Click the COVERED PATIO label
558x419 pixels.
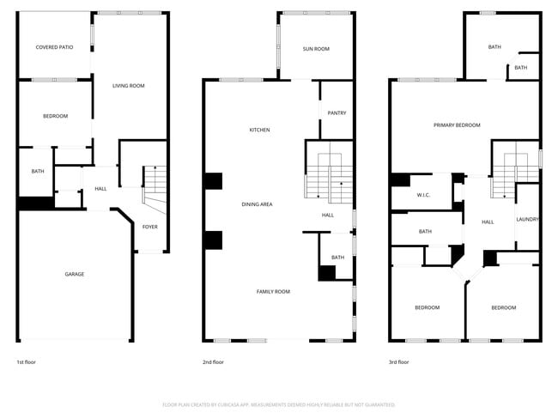[54, 47]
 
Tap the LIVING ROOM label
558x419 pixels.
[129, 86]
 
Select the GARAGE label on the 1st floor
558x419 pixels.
[74, 274]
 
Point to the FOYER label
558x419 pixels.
[150, 227]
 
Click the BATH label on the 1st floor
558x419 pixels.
[38, 171]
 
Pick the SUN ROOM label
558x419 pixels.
[316, 49]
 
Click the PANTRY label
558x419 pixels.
[337, 112]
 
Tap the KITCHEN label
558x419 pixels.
[260, 130]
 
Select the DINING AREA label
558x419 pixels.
[258, 203]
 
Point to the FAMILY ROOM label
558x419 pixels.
[273, 292]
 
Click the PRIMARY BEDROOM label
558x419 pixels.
[457, 125]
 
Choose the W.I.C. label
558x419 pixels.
[423, 195]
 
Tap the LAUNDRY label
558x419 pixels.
[527, 220]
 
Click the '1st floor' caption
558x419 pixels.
[27, 362]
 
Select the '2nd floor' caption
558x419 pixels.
[213, 362]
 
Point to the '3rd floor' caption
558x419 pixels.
[399, 362]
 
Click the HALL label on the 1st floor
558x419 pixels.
[100, 189]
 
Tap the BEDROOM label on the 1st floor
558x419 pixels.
[55, 116]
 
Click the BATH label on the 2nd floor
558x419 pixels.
[337, 258]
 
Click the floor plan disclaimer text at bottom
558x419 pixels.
[279, 404]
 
